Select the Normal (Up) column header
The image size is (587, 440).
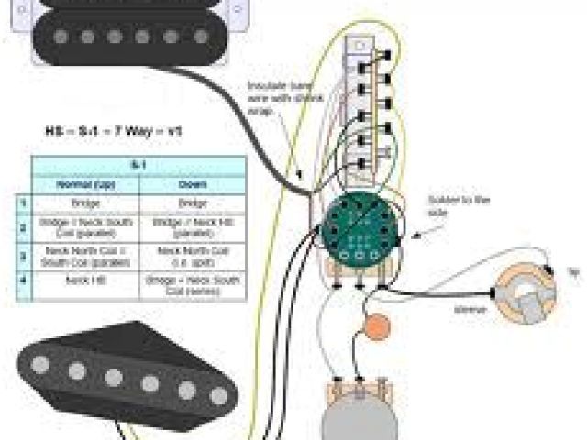pos(84,183)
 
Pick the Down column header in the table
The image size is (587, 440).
pos(193,183)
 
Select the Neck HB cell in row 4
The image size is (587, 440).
pos(84,280)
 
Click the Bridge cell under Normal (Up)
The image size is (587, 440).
pos(84,202)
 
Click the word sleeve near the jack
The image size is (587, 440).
pos(465,311)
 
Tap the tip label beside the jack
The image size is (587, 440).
pos(574,272)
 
